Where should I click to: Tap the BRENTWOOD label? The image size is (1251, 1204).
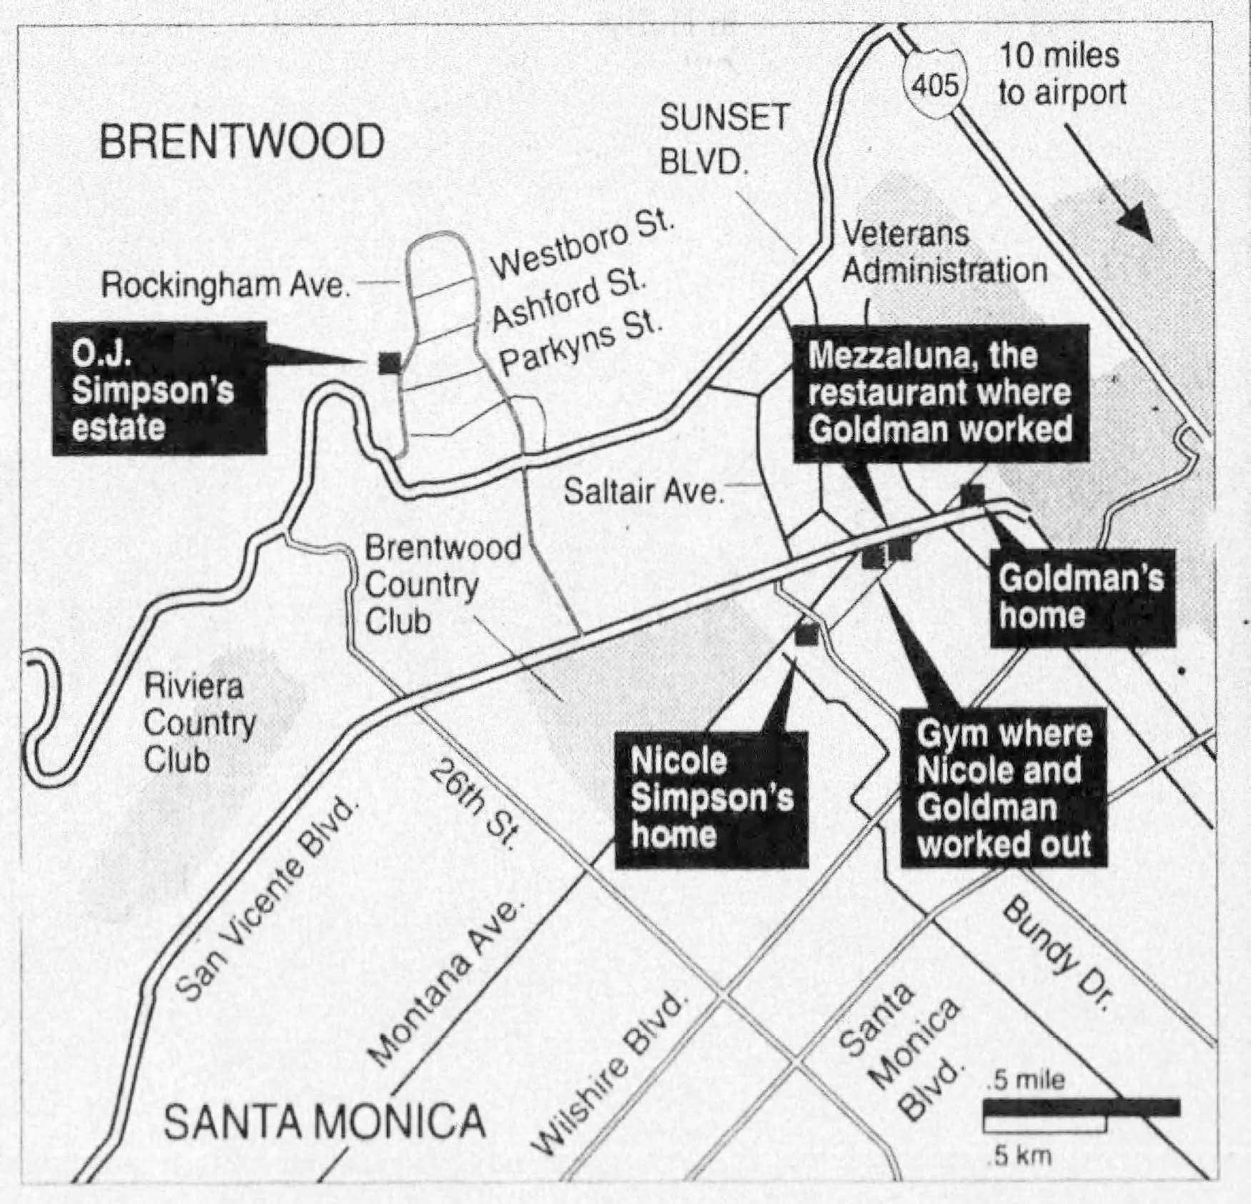pos(242,141)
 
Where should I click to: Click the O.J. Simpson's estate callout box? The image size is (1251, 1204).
pos(159,389)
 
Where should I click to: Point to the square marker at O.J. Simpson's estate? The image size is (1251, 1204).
pos(390,362)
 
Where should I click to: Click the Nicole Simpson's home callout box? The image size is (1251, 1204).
pos(711,799)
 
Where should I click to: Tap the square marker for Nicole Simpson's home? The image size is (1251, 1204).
pos(806,633)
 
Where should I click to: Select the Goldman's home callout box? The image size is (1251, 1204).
pos(1082,597)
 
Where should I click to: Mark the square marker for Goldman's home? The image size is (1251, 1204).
pos(972,493)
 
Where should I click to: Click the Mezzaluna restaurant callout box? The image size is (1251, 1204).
pos(941,393)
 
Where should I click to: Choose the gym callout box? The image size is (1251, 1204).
pos(1004,788)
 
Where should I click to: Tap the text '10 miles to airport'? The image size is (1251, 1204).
pos(1061,74)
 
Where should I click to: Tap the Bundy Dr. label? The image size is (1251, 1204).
pos(1057,955)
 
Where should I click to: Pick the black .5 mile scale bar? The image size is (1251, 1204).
pos(1082,1108)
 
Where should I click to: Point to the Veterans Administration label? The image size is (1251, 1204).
pos(944,252)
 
